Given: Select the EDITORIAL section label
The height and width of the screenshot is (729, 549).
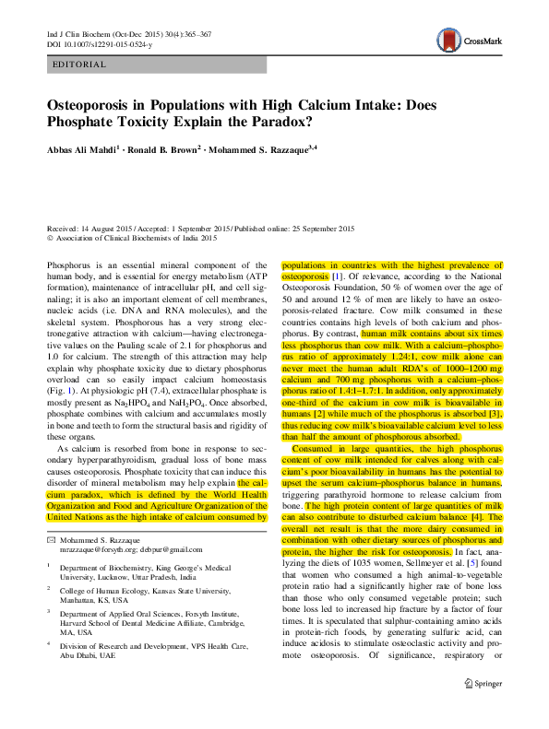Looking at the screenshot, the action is click(x=80, y=65).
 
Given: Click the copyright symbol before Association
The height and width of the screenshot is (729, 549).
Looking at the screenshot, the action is click(x=51, y=237).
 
